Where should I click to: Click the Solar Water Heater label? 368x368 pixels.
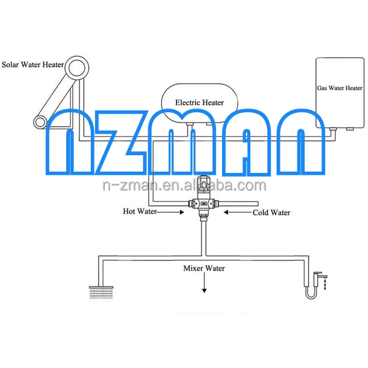33,64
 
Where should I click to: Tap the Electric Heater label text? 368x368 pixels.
199,102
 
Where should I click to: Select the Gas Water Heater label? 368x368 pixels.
340,88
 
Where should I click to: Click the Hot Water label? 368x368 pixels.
140,211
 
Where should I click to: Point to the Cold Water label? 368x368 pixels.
271,213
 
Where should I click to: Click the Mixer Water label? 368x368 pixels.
204,268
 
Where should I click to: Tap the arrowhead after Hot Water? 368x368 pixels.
182,212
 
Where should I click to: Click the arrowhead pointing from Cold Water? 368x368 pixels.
226,212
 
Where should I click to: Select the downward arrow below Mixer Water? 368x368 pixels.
204,283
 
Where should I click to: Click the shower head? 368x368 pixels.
101,292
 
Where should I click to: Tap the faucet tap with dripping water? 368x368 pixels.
320,278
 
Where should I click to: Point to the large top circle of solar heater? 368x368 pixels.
77,67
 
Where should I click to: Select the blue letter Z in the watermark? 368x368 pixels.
120,142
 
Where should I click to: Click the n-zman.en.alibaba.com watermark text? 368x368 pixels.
185,185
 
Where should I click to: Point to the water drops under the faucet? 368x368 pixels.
325,284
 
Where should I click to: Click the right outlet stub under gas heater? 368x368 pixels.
350,129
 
